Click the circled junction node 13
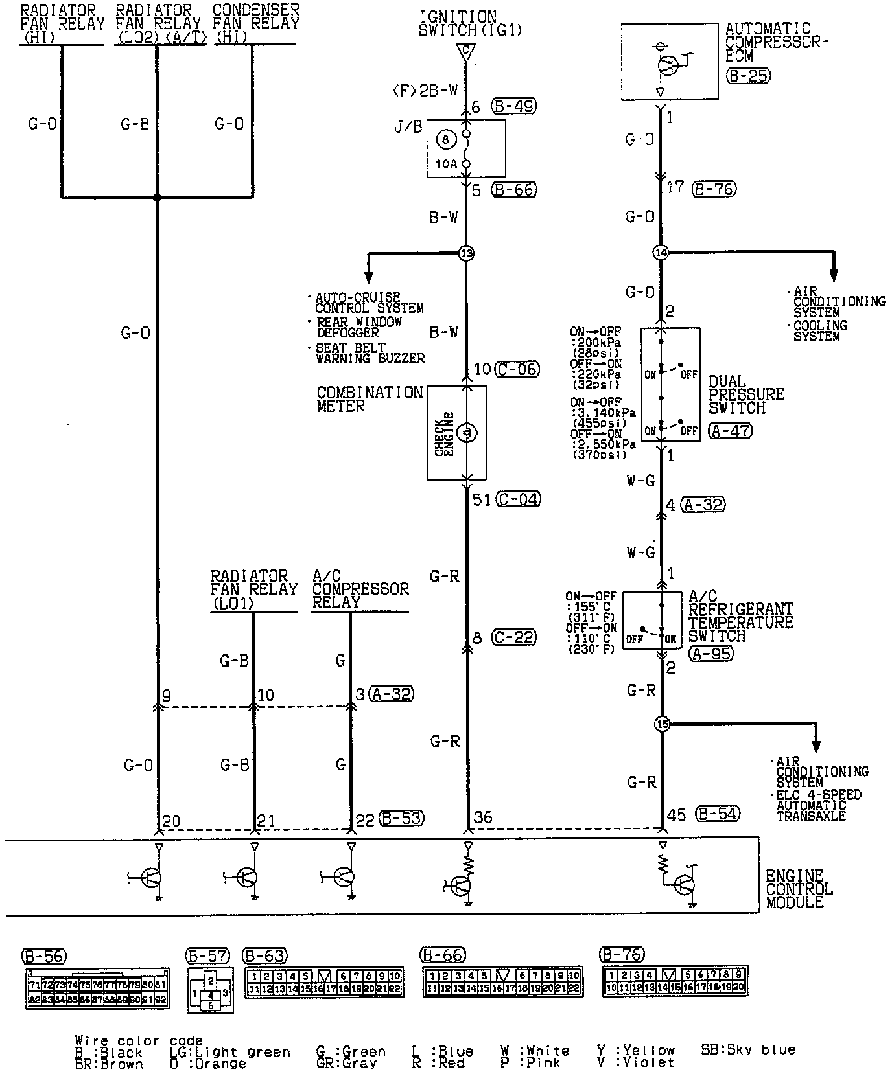pyautogui.click(x=466, y=253)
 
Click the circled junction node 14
pyautogui.click(x=661, y=253)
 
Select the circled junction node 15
pyautogui.click(x=661, y=724)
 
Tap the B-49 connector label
pyautogui.click(x=513, y=106)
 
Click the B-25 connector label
pyautogui.click(x=748, y=76)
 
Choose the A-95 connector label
pyautogui.click(x=711, y=654)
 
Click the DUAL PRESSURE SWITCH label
pyautogui.click(x=745, y=394)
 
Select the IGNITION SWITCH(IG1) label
pyautogui.click(x=470, y=23)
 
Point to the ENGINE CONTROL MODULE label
pyautogui.click(x=799, y=889)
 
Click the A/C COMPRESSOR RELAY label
pyautogui.click(x=360, y=589)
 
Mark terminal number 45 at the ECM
pyautogui.click(x=676, y=815)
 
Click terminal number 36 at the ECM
pyautogui.click(x=483, y=817)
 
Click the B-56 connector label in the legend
pyautogui.click(x=44, y=956)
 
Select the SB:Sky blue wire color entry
pyautogui.click(x=748, y=1049)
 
